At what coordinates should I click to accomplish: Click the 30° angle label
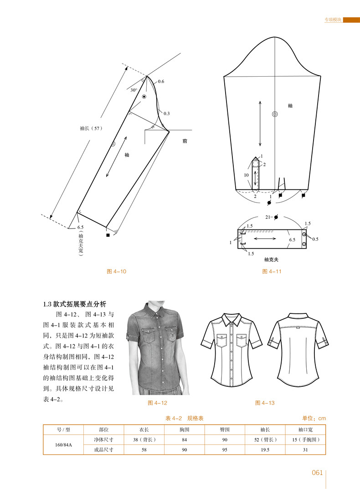pos(134,90)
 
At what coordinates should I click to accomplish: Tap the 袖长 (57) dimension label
pos(89,129)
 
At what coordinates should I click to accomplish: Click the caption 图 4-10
pos(116,271)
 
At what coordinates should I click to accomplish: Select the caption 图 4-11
pos(272,271)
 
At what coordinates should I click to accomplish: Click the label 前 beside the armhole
pos(184,141)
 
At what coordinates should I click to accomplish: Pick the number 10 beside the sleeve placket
pos(246,175)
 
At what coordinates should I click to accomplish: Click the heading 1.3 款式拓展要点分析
pos(74,304)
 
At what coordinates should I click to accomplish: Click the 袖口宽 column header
pos(305,429)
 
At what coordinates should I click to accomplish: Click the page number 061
pos(317,473)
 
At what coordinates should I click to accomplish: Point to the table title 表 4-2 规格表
pos(184,418)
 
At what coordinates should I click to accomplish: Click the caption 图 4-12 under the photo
pos(158,403)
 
